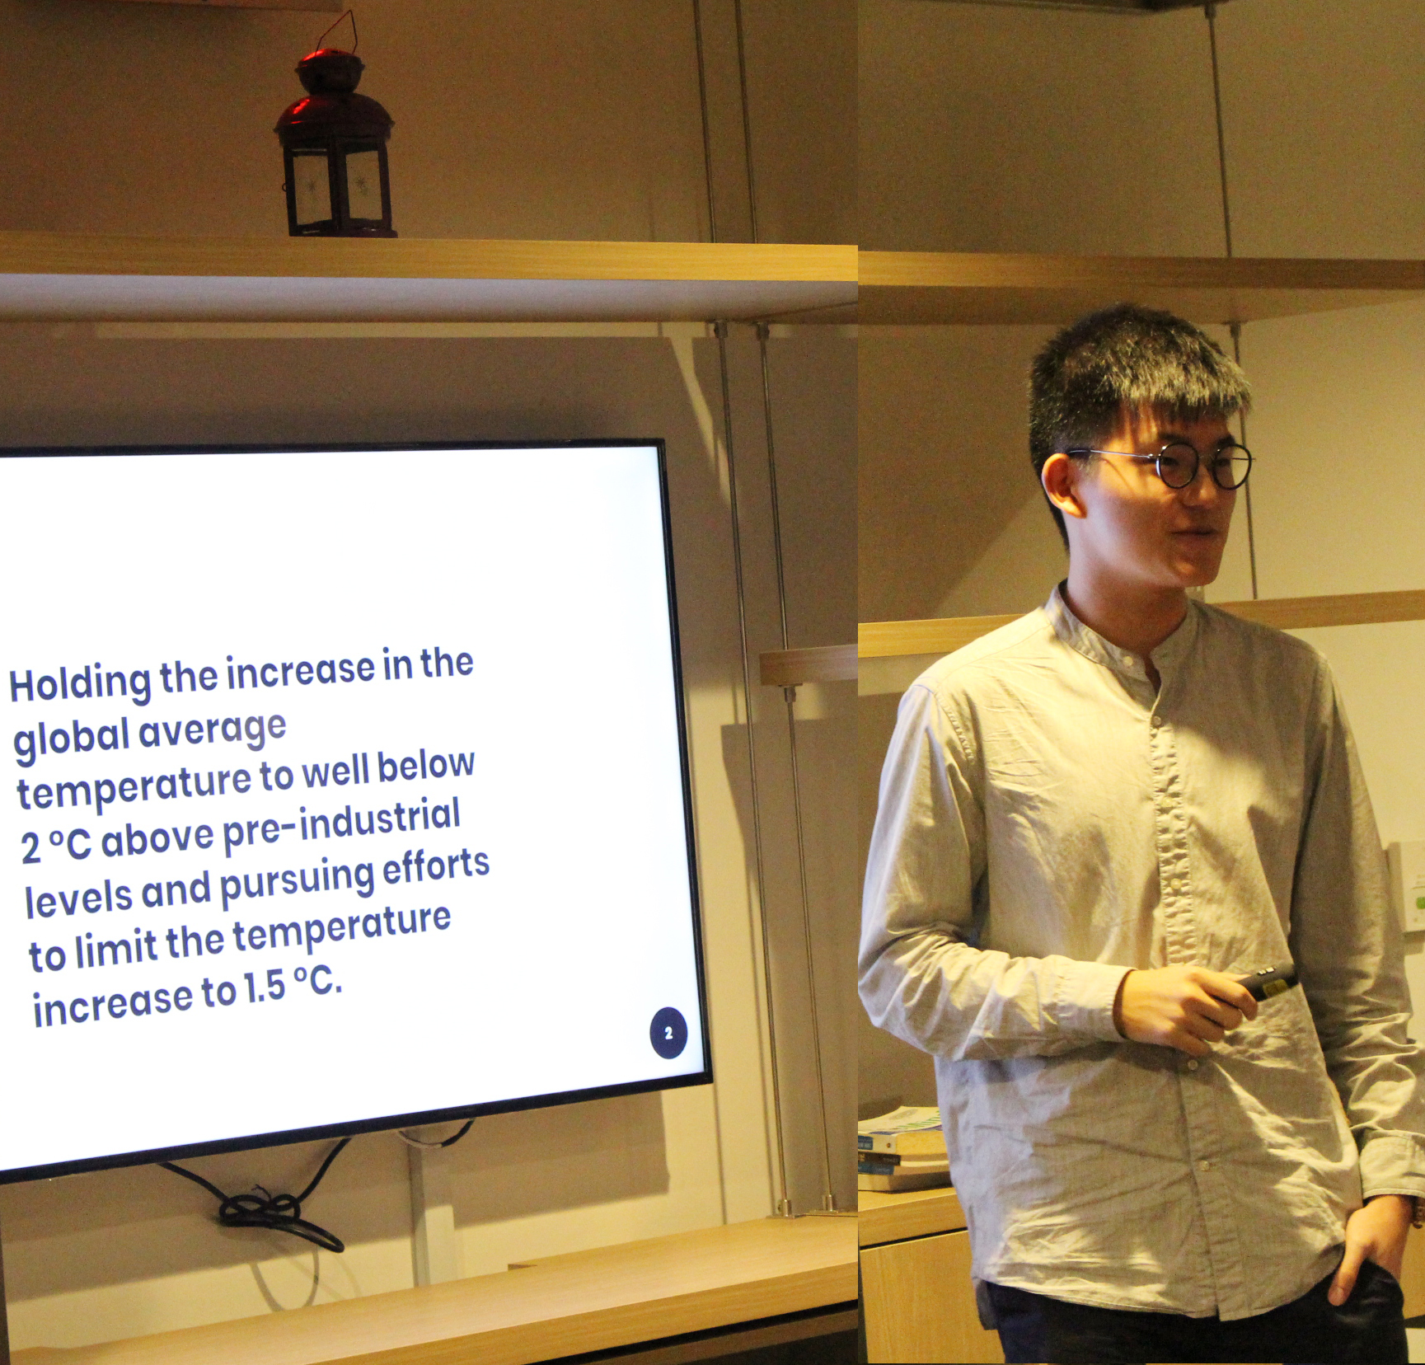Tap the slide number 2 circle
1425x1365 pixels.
click(668, 1033)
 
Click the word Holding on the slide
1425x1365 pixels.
click(80, 683)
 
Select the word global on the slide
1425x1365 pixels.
click(72, 738)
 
